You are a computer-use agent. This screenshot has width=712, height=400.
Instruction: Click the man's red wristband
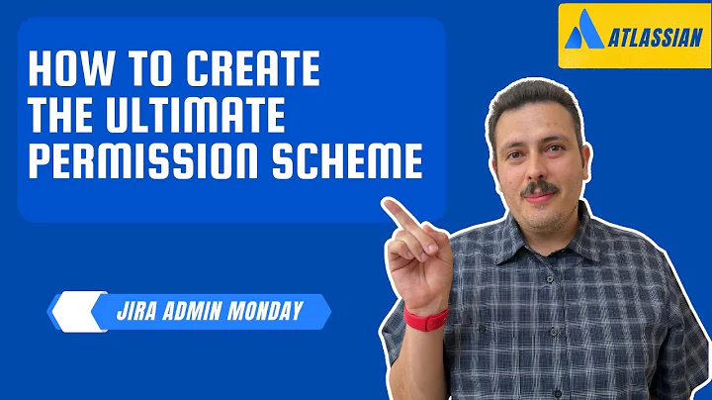tap(426, 318)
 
